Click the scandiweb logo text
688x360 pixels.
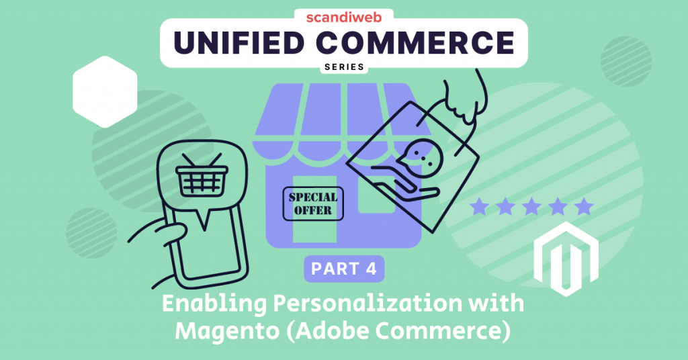[343, 16]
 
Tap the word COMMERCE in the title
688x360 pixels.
[430, 44]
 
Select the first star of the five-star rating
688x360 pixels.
[479, 206]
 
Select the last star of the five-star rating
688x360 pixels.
[585, 206]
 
